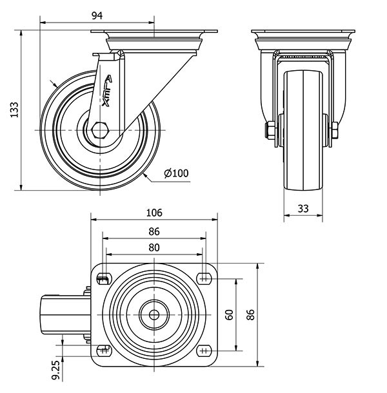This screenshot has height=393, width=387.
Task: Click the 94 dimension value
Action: pos(97,15)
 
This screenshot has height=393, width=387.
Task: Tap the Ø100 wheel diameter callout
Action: pos(176,173)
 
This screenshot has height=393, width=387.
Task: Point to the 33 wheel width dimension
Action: pos(303,208)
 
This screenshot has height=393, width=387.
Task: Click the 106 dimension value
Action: pos(154,213)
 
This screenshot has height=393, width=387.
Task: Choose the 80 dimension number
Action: pos(154,247)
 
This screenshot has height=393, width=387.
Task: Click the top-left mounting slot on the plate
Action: pos(103,278)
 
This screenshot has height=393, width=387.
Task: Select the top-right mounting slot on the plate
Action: pos(204,278)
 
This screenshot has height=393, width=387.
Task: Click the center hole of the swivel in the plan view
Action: pos(155,315)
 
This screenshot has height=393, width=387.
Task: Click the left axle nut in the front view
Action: pos(270,132)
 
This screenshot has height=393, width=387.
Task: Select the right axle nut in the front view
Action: pos(336,132)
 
